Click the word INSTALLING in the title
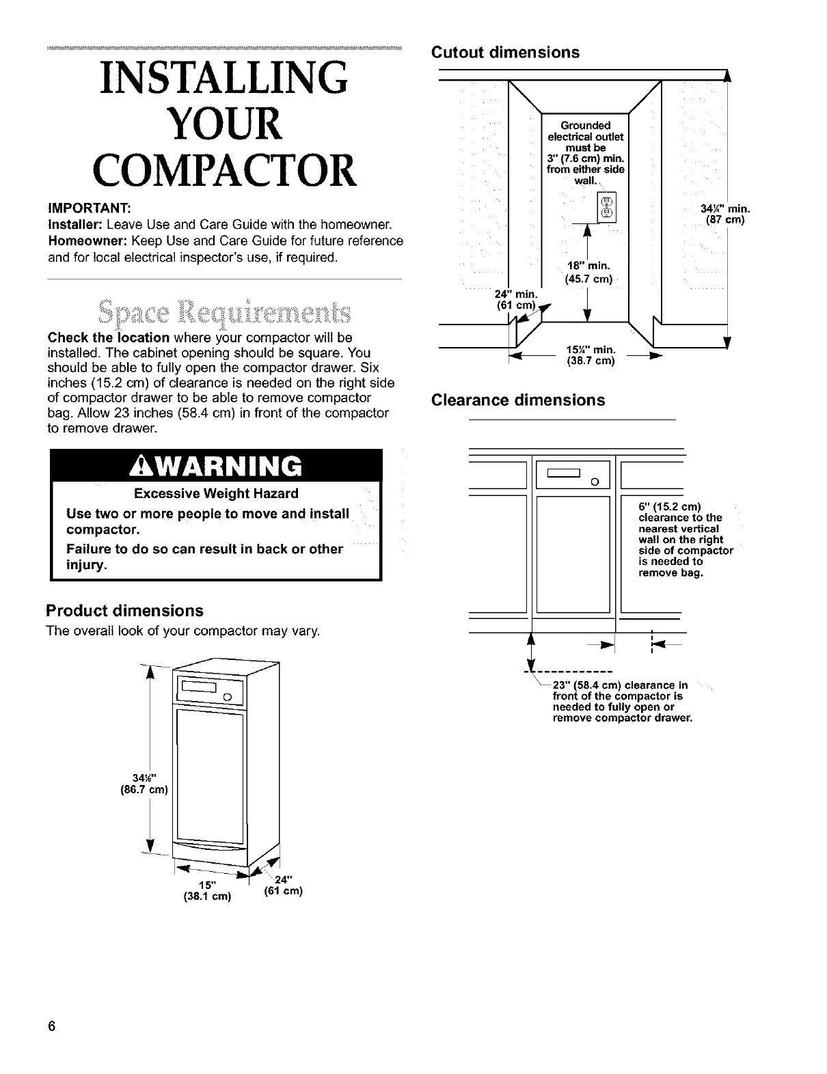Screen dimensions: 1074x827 coord(223,80)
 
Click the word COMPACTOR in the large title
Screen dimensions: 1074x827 coord(223,170)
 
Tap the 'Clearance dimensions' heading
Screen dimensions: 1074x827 coord(517,400)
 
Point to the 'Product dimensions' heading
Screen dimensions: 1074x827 coord(124,610)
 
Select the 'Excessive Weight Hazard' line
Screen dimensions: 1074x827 coord(216,493)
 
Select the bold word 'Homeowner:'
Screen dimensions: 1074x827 coord(87,241)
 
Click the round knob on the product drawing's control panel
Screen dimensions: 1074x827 coord(228,697)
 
